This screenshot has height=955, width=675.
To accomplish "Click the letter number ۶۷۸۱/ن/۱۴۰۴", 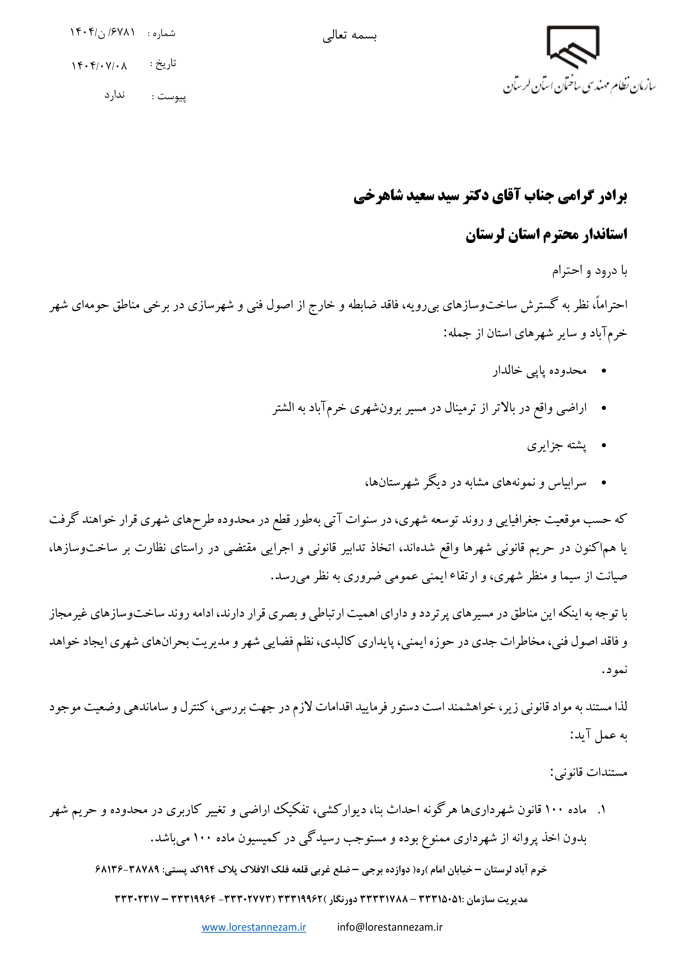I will (102, 32).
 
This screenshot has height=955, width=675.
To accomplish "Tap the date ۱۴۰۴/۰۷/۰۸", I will (99, 66).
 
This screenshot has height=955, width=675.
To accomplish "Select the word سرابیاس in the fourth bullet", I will (567, 483).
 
